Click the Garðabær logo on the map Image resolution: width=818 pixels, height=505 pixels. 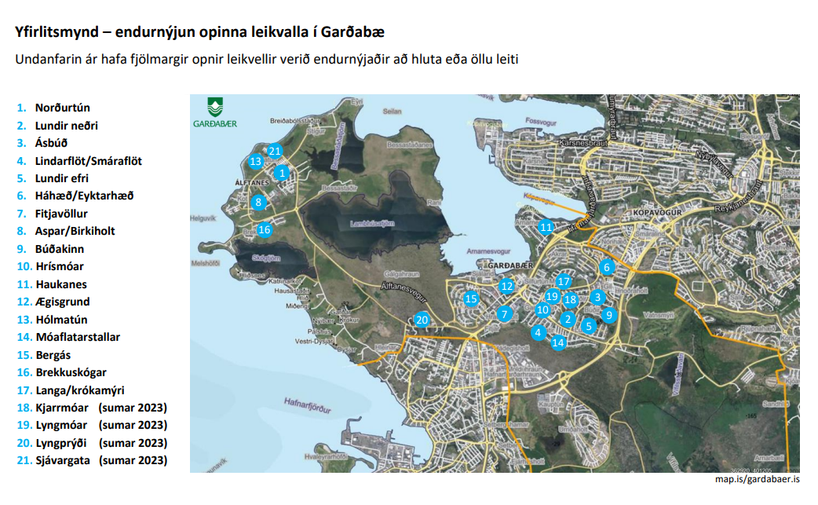coord(214,112)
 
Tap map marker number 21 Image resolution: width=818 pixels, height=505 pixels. coord(274,151)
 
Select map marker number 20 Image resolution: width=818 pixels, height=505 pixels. coord(422,320)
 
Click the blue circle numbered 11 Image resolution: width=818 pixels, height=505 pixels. coord(546,228)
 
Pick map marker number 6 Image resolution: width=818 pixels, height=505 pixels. coord(606,267)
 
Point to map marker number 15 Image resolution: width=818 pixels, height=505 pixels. coord(471,298)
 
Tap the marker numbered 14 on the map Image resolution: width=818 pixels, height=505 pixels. coord(558,342)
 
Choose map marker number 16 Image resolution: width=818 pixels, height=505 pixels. coord(264,230)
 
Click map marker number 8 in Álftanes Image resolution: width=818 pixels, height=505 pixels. coord(257,203)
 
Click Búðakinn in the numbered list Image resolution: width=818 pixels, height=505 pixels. coord(60,249)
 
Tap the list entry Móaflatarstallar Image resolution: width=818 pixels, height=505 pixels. coord(78,337)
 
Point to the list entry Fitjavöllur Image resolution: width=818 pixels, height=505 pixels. coord(61,214)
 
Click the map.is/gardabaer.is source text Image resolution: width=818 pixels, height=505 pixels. coord(757,479)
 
